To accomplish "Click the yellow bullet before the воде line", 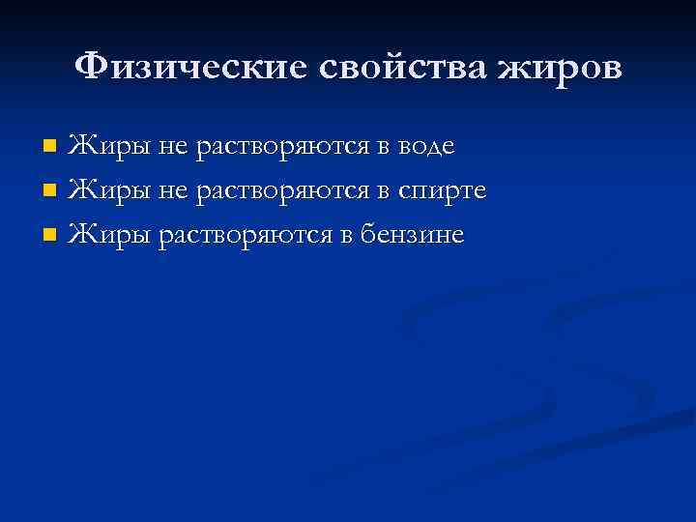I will point(51,148).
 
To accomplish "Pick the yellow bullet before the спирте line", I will point(51,191).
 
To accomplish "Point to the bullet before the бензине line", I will point(51,235).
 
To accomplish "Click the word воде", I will point(423,148).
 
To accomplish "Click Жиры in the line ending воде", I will point(106,148).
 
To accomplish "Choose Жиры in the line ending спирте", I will point(106,191).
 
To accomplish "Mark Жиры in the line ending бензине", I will point(106,235).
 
